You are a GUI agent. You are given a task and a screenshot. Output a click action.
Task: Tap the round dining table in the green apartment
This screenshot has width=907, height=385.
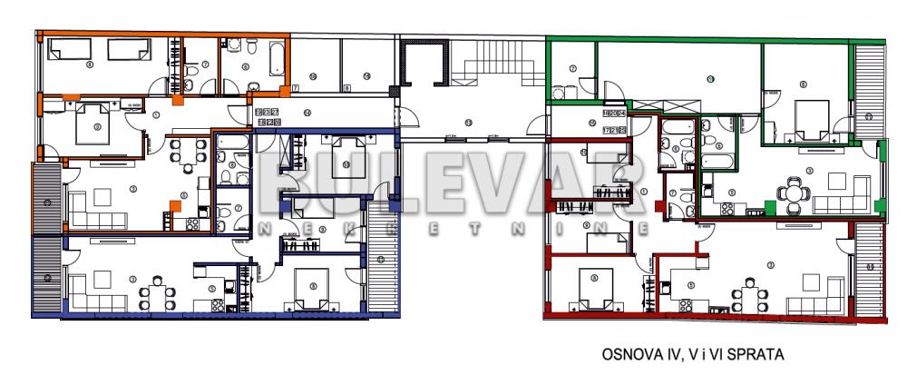click(793, 193)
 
